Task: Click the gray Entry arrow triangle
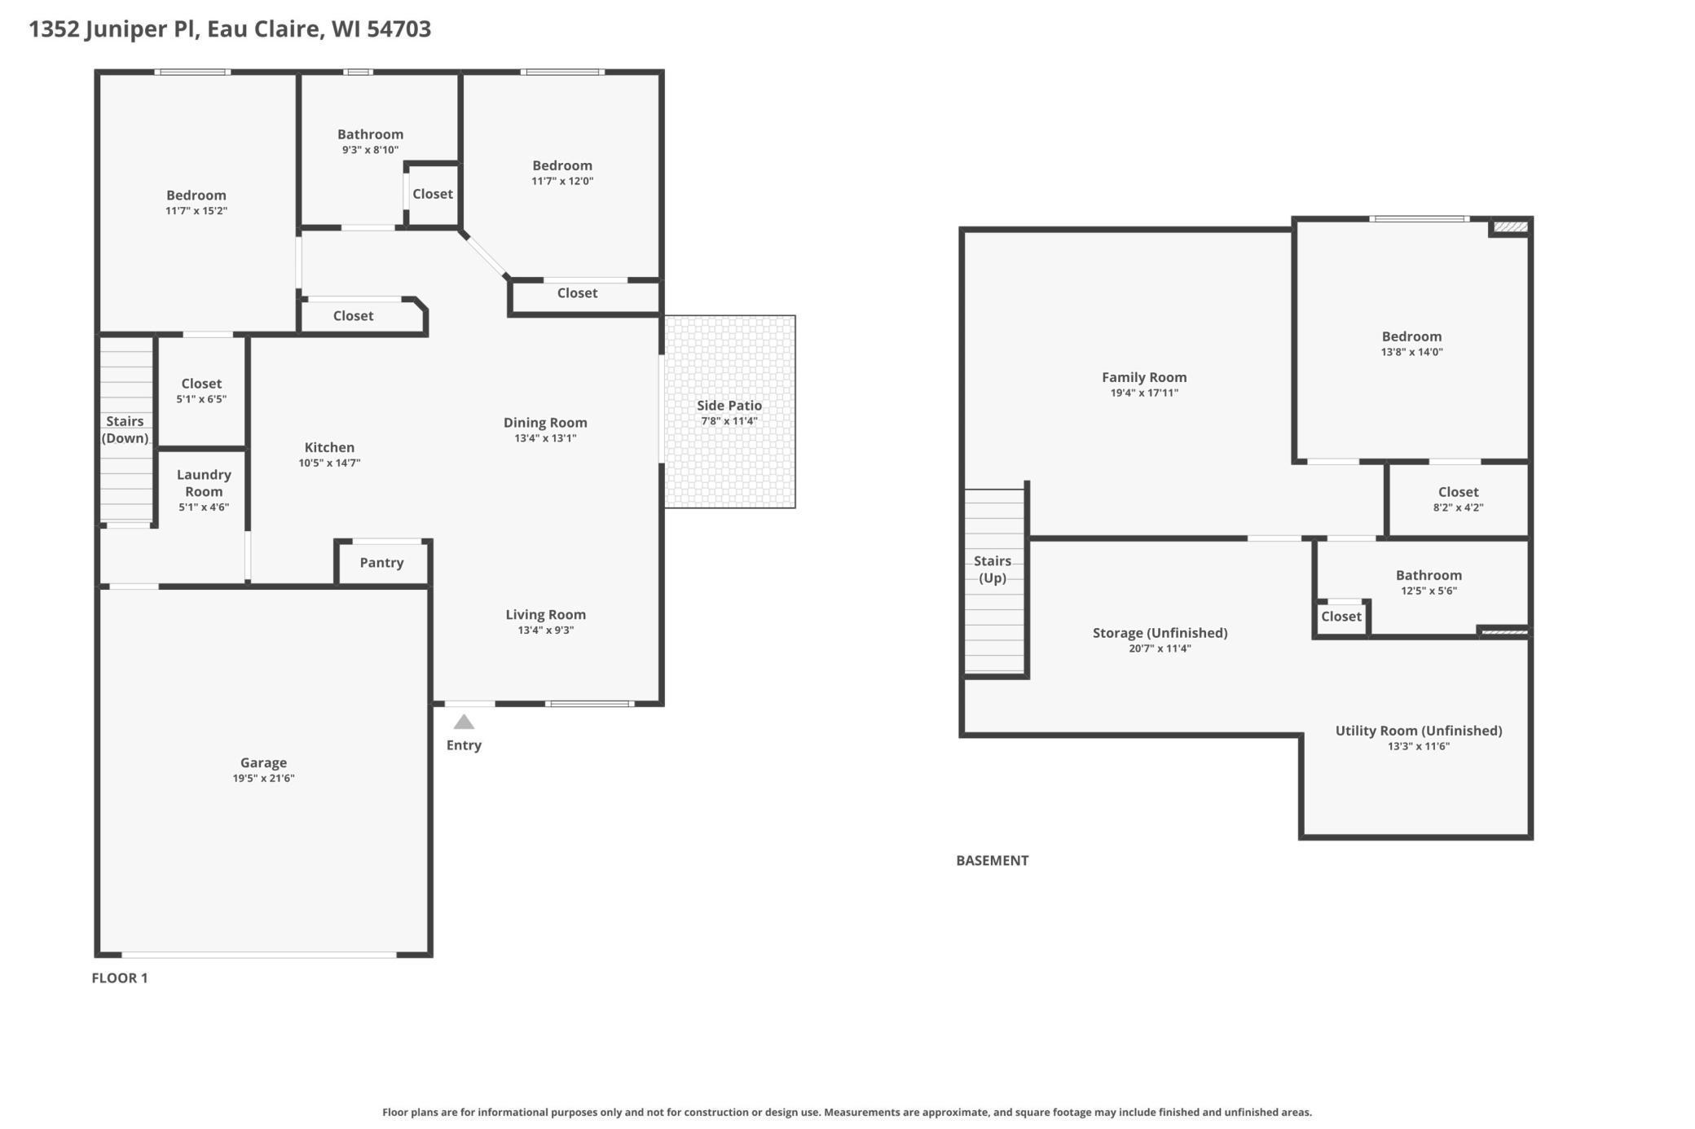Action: tap(464, 722)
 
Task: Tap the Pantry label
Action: tap(381, 563)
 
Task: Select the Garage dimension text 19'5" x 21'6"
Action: tap(263, 778)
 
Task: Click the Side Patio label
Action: tap(729, 406)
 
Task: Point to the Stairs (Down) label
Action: tap(125, 429)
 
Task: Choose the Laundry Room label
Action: tap(204, 483)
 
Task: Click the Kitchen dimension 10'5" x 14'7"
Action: tap(329, 463)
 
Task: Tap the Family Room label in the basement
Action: tap(1144, 377)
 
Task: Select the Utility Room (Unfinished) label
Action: tap(1419, 731)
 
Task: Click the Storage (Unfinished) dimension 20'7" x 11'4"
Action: tap(1160, 648)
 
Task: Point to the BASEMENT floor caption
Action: tap(993, 860)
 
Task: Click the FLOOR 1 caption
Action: tap(120, 977)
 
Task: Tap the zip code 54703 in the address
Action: tap(398, 29)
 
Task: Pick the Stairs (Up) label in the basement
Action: tap(993, 569)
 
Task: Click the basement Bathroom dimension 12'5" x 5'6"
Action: tap(1429, 591)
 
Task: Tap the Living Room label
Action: tap(545, 615)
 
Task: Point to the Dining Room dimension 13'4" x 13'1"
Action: tap(545, 438)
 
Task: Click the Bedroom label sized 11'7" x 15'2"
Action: tap(196, 195)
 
